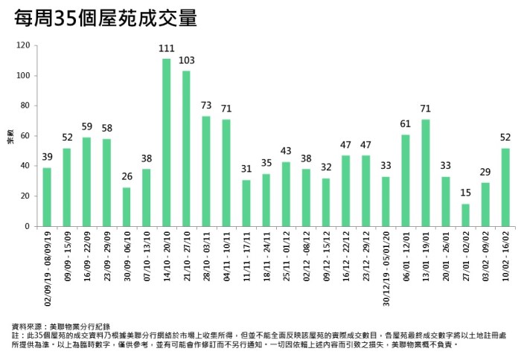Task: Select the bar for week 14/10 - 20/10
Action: (x=167, y=142)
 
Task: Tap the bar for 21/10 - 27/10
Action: (x=186, y=148)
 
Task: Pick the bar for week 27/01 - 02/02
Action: (x=466, y=215)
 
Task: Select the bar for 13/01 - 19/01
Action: (x=426, y=173)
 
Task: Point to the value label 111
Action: (x=167, y=49)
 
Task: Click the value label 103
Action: (x=186, y=61)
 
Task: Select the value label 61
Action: (x=406, y=124)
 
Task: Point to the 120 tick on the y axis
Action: (x=23, y=46)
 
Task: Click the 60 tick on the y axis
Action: (x=25, y=136)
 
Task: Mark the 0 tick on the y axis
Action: (x=28, y=226)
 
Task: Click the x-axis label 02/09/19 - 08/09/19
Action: (x=47, y=263)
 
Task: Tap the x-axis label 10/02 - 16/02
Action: (x=506, y=254)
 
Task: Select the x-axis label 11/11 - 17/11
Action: (x=246, y=254)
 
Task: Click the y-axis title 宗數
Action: (x=10, y=136)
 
